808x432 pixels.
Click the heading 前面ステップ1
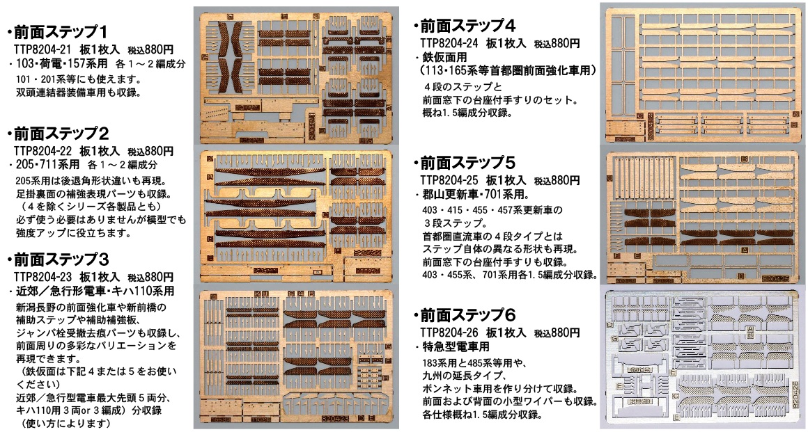click(x=61, y=33)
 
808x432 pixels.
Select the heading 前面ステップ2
click(x=61, y=134)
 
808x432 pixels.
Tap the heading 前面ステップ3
click(x=61, y=259)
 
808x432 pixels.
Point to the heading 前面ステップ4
click(x=468, y=26)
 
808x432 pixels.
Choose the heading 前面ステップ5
click(x=468, y=163)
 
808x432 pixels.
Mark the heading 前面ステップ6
click(x=468, y=315)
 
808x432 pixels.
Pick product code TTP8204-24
click(x=449, y=44)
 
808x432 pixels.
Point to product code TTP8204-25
click(x=449, y=181)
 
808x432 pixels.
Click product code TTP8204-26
click(x=449, y=333)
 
